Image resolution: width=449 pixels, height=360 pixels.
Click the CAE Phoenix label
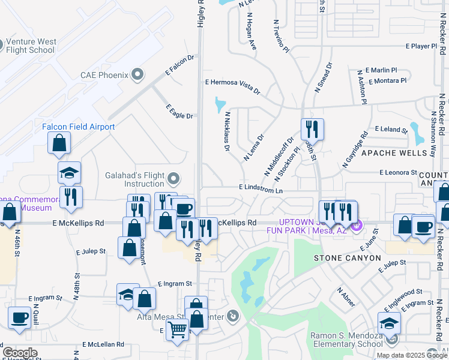105,75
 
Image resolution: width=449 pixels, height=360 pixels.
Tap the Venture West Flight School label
31,46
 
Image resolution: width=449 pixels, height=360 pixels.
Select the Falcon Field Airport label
78,127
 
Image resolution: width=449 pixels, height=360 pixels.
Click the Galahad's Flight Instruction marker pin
173,178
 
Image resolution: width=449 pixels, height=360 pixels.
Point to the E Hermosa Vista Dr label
232,87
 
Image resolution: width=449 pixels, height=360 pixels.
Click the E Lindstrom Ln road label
261,188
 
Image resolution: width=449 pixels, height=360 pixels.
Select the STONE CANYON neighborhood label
348,258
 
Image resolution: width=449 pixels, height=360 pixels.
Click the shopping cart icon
177,329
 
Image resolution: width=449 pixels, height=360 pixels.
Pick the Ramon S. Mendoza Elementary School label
346,340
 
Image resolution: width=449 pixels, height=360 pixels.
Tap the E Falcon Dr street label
181,66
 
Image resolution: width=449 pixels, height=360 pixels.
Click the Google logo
20,353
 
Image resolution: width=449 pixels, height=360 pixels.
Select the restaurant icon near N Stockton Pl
312,129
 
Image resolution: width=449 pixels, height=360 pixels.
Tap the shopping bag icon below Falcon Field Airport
59,143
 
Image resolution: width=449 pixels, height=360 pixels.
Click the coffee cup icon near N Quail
19,317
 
